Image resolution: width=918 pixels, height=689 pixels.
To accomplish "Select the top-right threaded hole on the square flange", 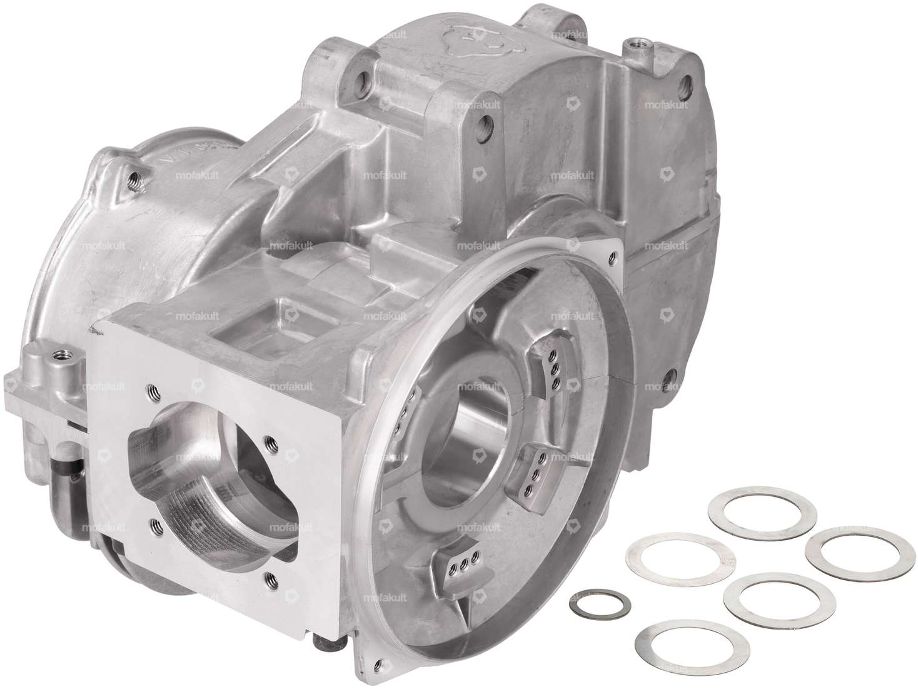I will coord(267,441).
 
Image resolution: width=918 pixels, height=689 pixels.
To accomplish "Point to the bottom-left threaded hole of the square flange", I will coord(152,521).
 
